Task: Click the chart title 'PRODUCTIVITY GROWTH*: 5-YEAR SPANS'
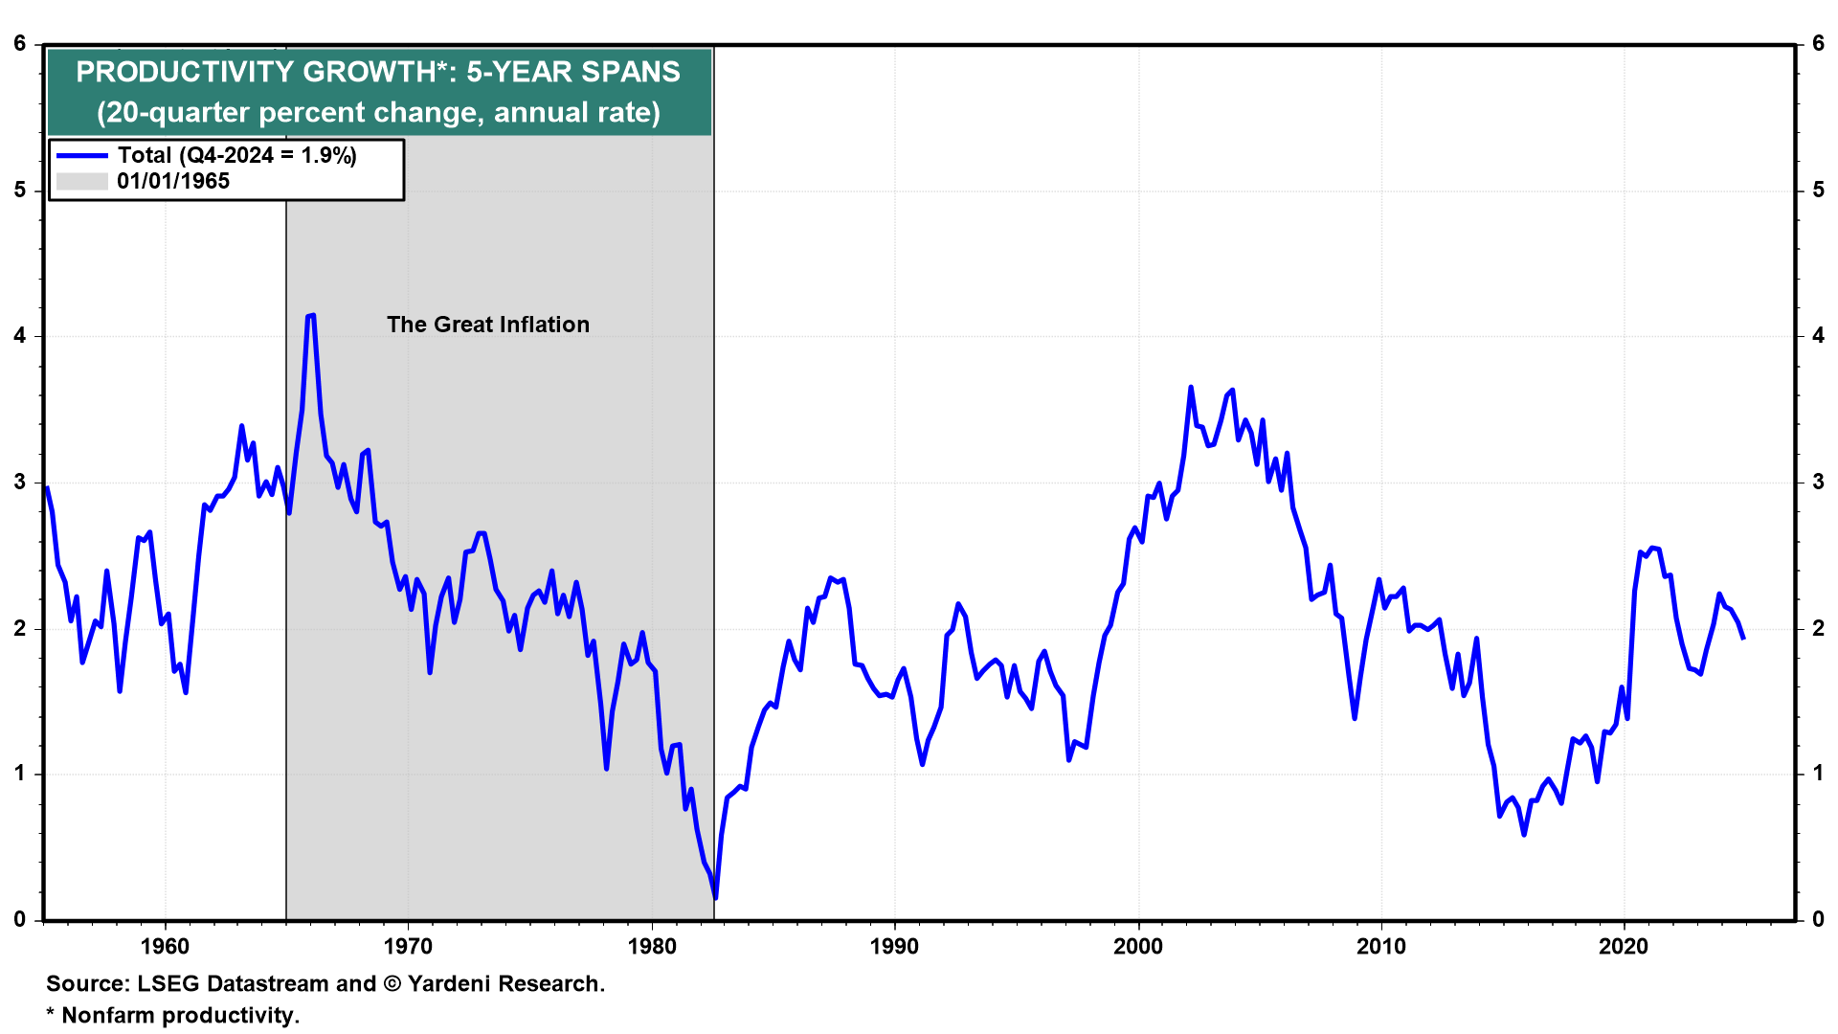pos(378,72)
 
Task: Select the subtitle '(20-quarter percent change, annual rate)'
pos(378,113)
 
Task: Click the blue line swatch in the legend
pos(82,155)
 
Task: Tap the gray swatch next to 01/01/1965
pos(82,181)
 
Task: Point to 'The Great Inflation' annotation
pos(488,325)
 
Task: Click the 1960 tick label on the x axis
pos(165,947)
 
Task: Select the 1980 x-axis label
pos(652,947)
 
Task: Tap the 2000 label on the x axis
pos(1138,947)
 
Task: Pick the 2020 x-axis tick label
pos(1625,947)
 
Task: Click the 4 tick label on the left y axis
pos(20,336)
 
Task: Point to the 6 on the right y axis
pos(1818,44)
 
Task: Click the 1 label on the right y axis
pos(1818,774)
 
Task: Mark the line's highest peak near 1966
pos(311,315)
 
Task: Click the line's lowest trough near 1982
pos(715,898)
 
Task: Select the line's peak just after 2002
pos(1191,387)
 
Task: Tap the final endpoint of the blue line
pos(1743,639)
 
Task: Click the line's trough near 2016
pos(1524,835)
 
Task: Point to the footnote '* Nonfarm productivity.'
pos(173,1015)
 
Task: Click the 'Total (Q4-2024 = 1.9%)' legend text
pos(237,155)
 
